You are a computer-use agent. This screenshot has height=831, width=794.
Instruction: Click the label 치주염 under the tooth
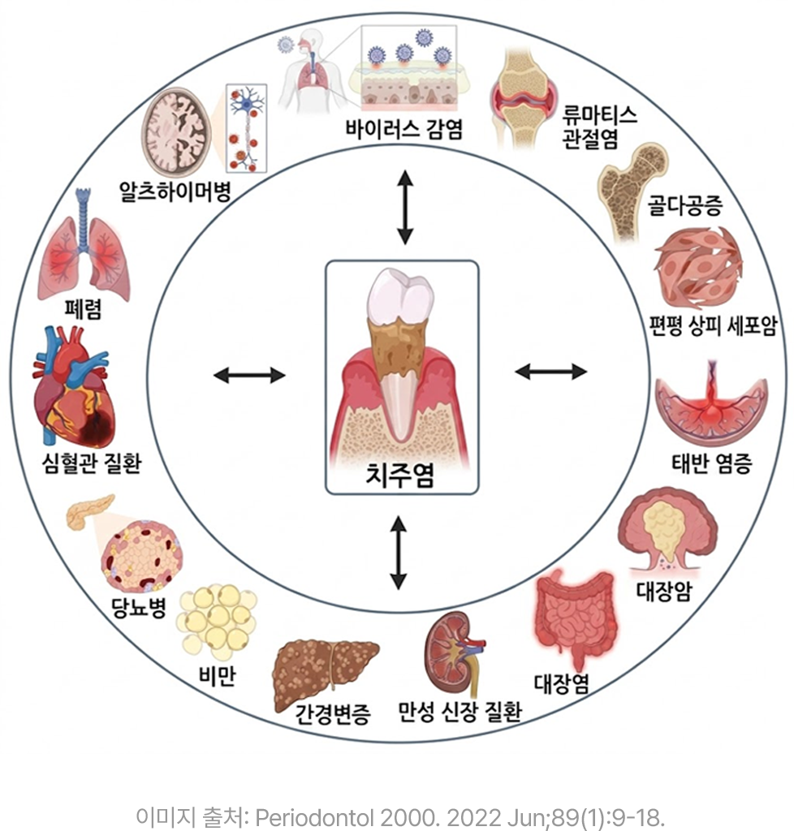coord(400,474)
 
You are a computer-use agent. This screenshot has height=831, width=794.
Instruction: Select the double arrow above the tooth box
coord(405,207)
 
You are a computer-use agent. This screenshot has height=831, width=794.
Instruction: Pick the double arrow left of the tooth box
coord(249,375)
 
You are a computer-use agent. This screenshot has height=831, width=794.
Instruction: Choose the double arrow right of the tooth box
coord(550,372)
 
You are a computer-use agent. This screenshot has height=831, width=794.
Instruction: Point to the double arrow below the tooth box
coord(398,553)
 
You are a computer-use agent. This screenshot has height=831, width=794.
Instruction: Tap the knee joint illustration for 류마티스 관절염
coord(523,98)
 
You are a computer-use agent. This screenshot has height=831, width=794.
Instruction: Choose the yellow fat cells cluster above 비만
coord(217,622)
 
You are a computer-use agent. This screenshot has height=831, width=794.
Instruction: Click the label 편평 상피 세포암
coord(713,325)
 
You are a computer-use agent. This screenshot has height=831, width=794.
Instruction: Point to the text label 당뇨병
coord(139,607)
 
